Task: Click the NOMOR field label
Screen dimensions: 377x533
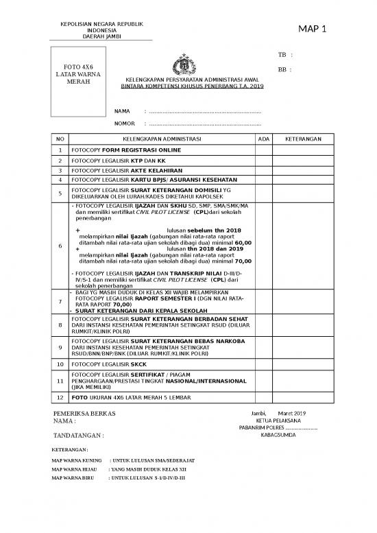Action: pyautogui.click(x=124, y=124)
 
